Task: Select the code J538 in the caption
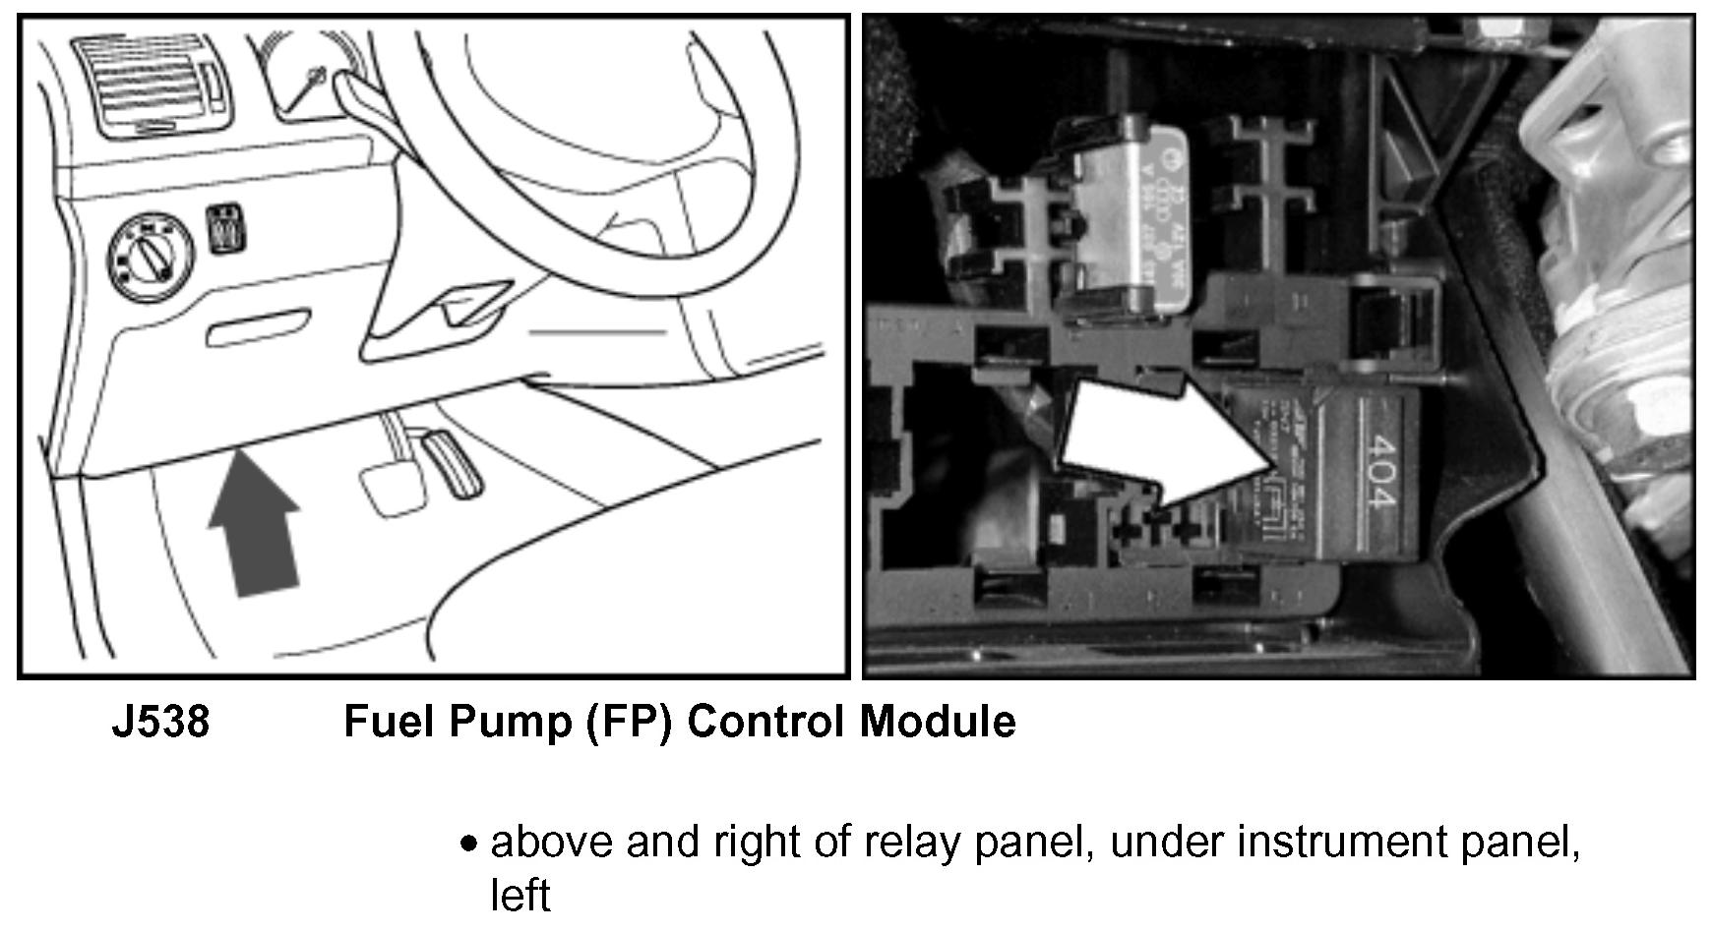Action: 160,723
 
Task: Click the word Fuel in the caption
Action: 387,723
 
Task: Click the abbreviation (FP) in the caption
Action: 629,723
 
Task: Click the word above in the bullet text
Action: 552,843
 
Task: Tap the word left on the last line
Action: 520,896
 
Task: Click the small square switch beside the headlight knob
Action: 227,229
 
